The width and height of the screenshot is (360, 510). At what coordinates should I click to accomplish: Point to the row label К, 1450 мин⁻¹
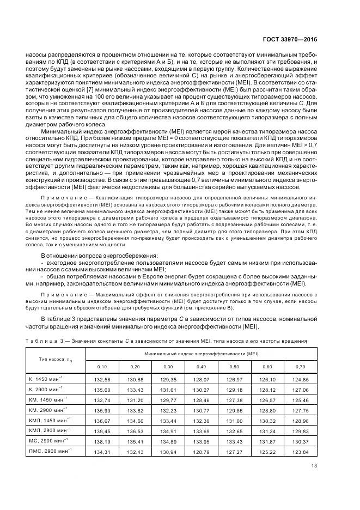46,379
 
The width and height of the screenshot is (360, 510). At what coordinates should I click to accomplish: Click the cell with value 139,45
102,430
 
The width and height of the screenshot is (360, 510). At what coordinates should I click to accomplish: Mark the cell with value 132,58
102,379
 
